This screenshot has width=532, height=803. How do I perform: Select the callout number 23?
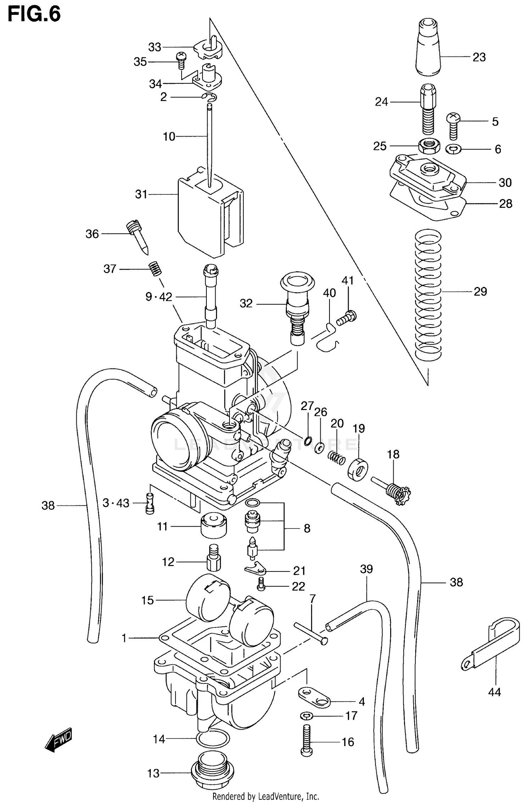coord(479,57)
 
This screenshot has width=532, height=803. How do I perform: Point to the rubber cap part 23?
coord(428,48)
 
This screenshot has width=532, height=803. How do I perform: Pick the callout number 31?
coord(141,194)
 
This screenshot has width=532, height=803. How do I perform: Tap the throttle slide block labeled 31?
coord(209,216)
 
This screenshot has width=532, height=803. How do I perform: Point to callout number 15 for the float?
coord(148,600)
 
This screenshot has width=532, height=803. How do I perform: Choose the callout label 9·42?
coord(159,297)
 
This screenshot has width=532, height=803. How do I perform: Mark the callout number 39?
coord(366,569)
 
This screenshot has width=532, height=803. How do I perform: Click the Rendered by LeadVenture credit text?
coord(266,796)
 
